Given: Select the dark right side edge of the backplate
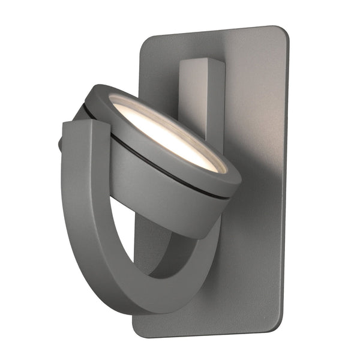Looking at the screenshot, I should coord(284,180).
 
